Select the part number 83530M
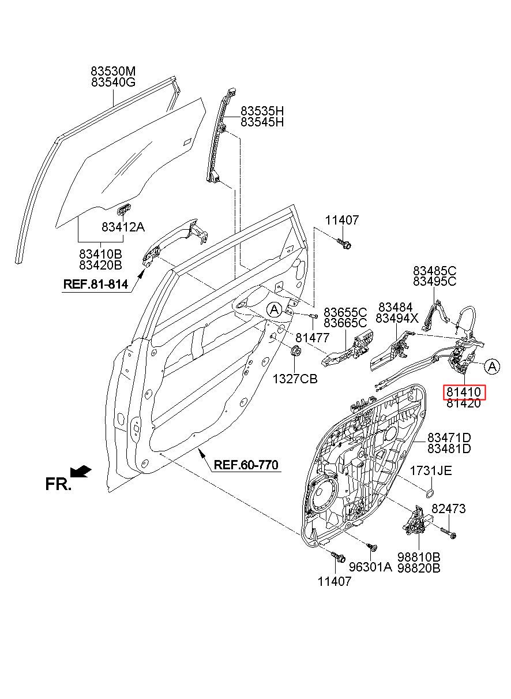pos(114,71)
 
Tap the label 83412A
pos(123,227)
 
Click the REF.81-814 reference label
pos(96,284)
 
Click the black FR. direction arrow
pos(81,472)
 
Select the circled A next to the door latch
pos(493,367)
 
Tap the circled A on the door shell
pos(274,309)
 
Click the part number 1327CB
pos(295,379)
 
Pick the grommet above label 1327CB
pos(295,351)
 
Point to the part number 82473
pos(448,509)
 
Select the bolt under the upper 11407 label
pos(344,243)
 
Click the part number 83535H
pos(262,111)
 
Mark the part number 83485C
pos(435,270)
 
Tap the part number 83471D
pos(449,437)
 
